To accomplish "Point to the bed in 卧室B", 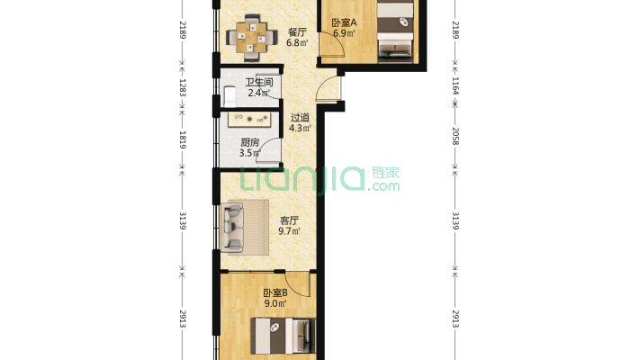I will pos(283,337).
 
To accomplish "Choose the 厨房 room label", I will pos(249,142).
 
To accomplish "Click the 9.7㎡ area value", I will pos(289,231).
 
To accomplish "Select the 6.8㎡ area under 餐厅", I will pos(296,42).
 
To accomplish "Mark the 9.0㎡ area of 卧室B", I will pos(274,304).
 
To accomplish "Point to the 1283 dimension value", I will pos(183,89).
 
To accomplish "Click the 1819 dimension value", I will pos(183,139).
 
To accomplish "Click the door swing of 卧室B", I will pos(301,286).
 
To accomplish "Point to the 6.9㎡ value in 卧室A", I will pos(343,33).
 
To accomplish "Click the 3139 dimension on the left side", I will pos(183,220).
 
